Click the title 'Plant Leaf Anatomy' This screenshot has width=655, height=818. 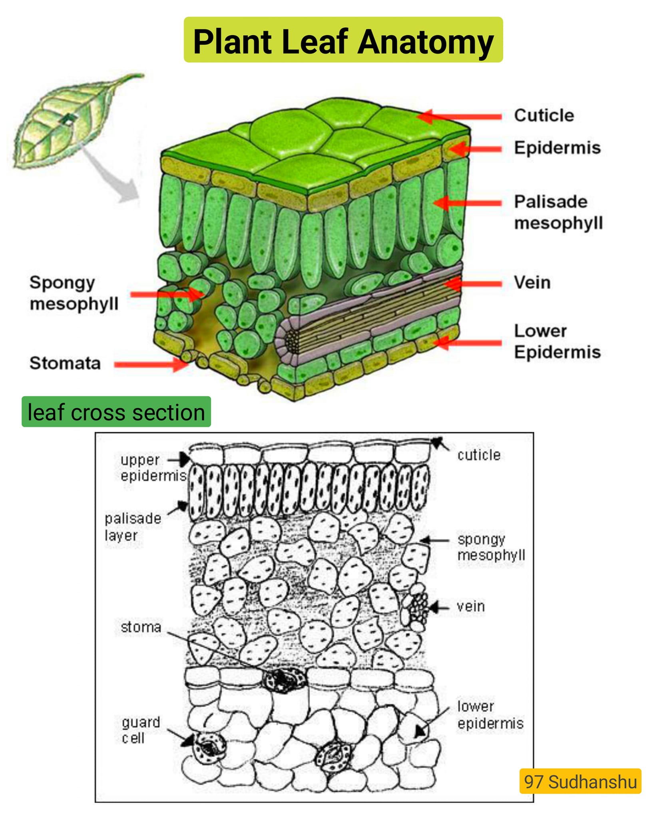343,42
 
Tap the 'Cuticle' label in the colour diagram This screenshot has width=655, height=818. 544,115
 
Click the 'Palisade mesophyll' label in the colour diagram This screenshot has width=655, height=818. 558,212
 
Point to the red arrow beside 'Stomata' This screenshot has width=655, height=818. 151,364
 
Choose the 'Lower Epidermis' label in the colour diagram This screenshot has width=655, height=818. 557,341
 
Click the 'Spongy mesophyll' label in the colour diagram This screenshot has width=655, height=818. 74,293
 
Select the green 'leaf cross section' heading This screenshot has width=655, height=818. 116,412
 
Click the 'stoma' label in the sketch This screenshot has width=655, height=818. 141,627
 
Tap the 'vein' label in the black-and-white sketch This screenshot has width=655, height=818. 471,606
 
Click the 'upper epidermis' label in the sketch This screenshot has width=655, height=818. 153,468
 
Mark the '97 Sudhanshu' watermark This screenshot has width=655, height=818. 580,781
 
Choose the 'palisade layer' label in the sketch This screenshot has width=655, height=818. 133,527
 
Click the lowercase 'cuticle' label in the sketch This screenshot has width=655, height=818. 479,455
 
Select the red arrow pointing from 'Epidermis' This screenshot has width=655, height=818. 475,149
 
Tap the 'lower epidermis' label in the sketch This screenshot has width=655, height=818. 490,715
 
